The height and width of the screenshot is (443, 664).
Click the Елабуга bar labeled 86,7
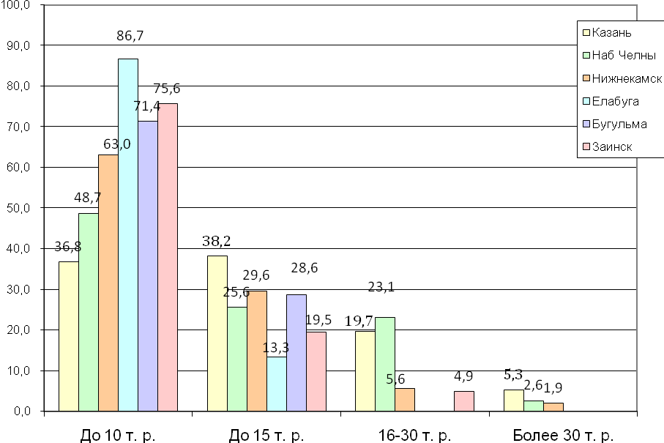(x=128, y=234)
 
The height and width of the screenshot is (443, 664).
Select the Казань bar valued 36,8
(x=68, y=336)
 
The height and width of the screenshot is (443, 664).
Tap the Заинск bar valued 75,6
(x=168, y=257)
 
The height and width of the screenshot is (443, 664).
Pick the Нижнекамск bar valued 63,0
(x=108, y=283)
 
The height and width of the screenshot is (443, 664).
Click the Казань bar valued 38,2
(x=217, y=333)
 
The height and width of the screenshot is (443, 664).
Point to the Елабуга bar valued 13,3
(x=276, y=384)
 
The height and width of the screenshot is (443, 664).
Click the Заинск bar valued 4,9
(x=464, y=401)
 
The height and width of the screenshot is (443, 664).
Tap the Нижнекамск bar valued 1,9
(x=553, y=407)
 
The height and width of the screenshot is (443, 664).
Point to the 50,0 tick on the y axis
(x=24, y=208)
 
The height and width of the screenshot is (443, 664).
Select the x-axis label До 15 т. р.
(x=266, y=436)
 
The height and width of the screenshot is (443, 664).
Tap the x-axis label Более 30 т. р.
(x=562, y=436)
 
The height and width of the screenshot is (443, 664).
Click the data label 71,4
(x=147, y=106)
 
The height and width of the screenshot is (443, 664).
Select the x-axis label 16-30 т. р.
(x=414, y=436)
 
